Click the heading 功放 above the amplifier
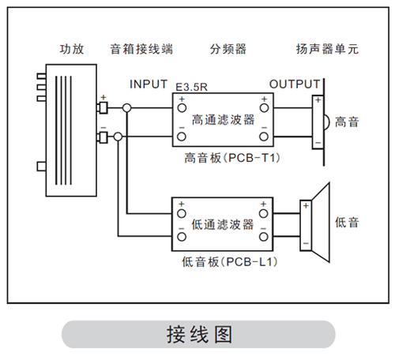click(72, 49)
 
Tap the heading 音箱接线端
click(141, 49)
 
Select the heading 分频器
click(228, 49)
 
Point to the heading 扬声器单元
click(327, 49)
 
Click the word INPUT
click(149, 84)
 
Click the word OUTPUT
click(295, 84)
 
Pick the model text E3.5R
click(191, 87)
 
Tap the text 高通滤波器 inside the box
click(223, 120)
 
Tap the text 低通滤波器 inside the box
click(223, 225)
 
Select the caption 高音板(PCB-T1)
click(232, 158)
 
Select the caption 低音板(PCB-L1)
click(230, 262)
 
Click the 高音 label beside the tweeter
click(347, 122)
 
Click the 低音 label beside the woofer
click(347, 223)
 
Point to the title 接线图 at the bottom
click(199, 335)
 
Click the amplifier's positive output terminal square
click(103, 108)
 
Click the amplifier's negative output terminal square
click(103, 137)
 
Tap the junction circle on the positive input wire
click(127, 108)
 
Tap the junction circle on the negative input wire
click(118, 137)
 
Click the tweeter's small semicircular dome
click(326, 122)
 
